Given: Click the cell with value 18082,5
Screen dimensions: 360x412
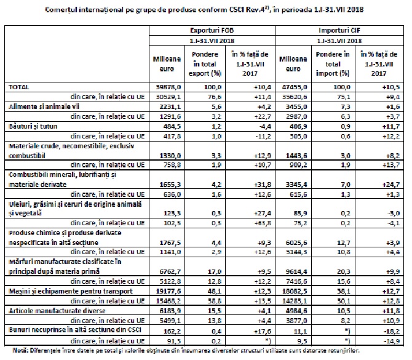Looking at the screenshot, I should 292,289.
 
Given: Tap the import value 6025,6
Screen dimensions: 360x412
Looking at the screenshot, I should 293,242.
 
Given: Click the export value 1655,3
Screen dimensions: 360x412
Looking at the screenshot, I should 167,183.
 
